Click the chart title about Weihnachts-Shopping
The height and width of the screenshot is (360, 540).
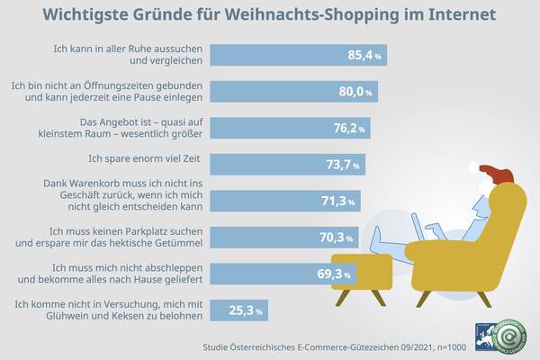pyautogui.click(x=270, y=16)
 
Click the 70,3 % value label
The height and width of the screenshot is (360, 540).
pyautogui.click(x=339, y=238)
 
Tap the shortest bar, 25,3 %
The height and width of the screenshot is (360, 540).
pyautogui.click(x=243, y=311)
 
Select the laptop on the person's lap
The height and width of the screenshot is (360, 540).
pyautogui.click(x=417, y=227)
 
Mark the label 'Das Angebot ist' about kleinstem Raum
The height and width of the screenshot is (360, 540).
pyautogui.click(x=137, y=128)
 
